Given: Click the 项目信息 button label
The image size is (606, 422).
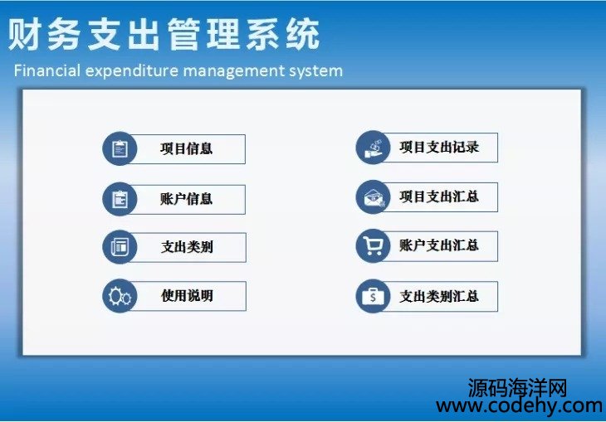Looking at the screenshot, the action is tap(186, 148).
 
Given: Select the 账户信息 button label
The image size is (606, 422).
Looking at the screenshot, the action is tap(186, 199).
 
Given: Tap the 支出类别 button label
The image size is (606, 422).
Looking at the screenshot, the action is tap(187, 247).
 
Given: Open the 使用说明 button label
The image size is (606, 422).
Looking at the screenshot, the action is tap(187, 296).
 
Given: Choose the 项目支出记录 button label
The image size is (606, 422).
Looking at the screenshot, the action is tap(439, 147).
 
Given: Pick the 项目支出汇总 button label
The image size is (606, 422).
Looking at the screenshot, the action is tap(439, 196).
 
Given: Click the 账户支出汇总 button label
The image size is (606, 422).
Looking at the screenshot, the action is tap(439, 245).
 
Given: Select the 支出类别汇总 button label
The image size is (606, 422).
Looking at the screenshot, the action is tap(439, 296).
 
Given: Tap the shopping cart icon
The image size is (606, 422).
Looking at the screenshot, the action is tap(373, 245).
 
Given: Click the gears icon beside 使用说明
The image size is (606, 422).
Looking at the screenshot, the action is tap(120, 297).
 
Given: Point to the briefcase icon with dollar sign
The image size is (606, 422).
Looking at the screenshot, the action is tap(373, 296).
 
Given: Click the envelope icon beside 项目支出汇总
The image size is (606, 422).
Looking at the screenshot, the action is tap(374, 197).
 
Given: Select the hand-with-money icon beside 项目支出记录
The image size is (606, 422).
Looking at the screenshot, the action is tap(374, 148).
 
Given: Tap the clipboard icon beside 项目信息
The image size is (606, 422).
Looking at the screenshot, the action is tap(120, 148).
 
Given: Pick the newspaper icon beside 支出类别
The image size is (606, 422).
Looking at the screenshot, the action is tap(120, 247).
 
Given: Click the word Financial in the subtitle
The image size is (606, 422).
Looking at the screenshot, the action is tap(47, 70).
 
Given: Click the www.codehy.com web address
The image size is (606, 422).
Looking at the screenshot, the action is tap(519, 406).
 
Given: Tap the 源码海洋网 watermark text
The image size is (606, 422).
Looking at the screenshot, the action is tap(517, 388).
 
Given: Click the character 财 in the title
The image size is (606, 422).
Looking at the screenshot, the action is tap(24, 34).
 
